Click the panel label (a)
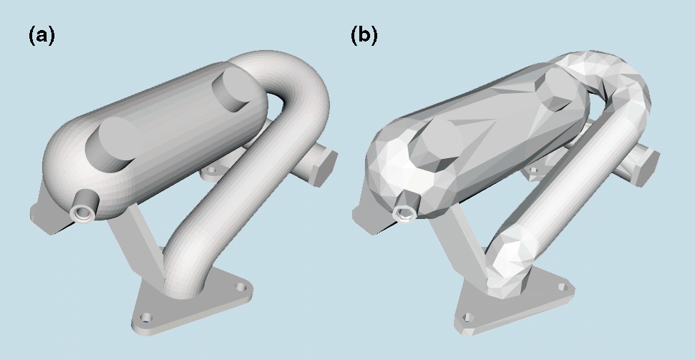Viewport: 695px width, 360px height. [42, 35]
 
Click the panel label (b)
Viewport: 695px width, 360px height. [364, 35]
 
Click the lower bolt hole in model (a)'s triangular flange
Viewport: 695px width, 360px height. [146, 318]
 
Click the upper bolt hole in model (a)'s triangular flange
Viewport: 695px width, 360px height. [240, 287]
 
